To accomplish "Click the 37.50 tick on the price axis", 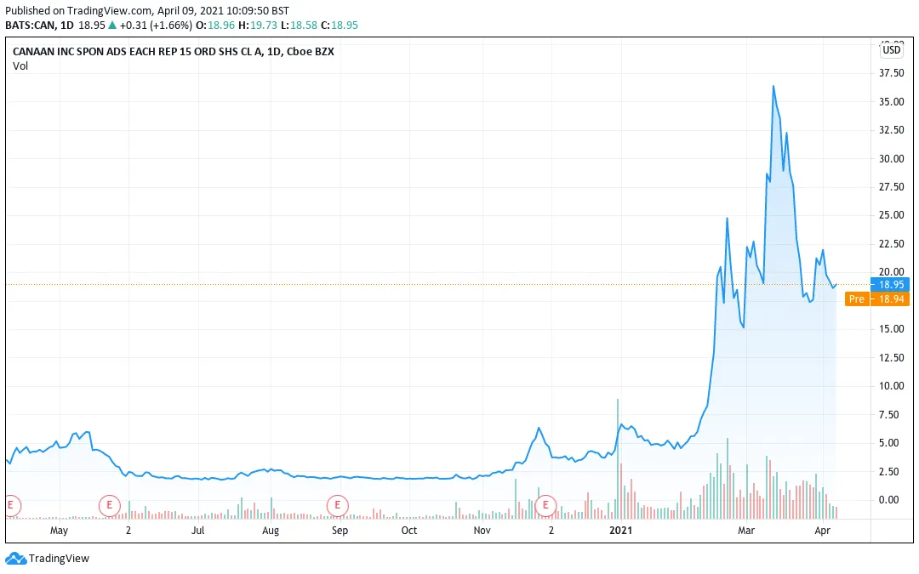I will (891, 73).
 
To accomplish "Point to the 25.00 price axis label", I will (891, 215).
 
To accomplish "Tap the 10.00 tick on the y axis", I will (891, 386).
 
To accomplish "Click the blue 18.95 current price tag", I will (891, 285).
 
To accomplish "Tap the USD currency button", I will (892, 50).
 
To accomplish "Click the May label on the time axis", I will (59, 531).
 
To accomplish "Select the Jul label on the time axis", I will (197, 531).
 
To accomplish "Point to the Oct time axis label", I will (409, 531).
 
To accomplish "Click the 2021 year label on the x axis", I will (621, 531).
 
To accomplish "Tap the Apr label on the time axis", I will (822, 531).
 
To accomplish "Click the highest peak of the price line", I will (773, 86).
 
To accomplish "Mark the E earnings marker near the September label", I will (338, 505).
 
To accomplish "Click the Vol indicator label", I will (20, 66).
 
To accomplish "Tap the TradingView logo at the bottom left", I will (48, 559).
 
